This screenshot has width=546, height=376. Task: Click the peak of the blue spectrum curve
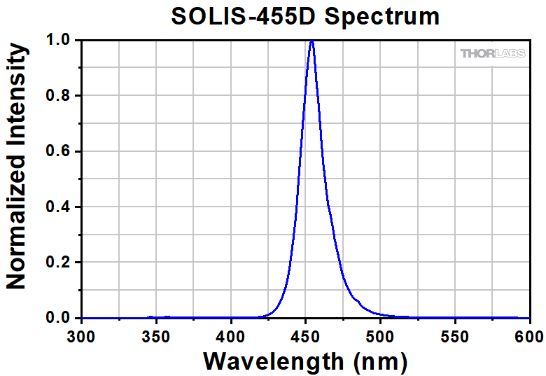[x=311, y=41]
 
